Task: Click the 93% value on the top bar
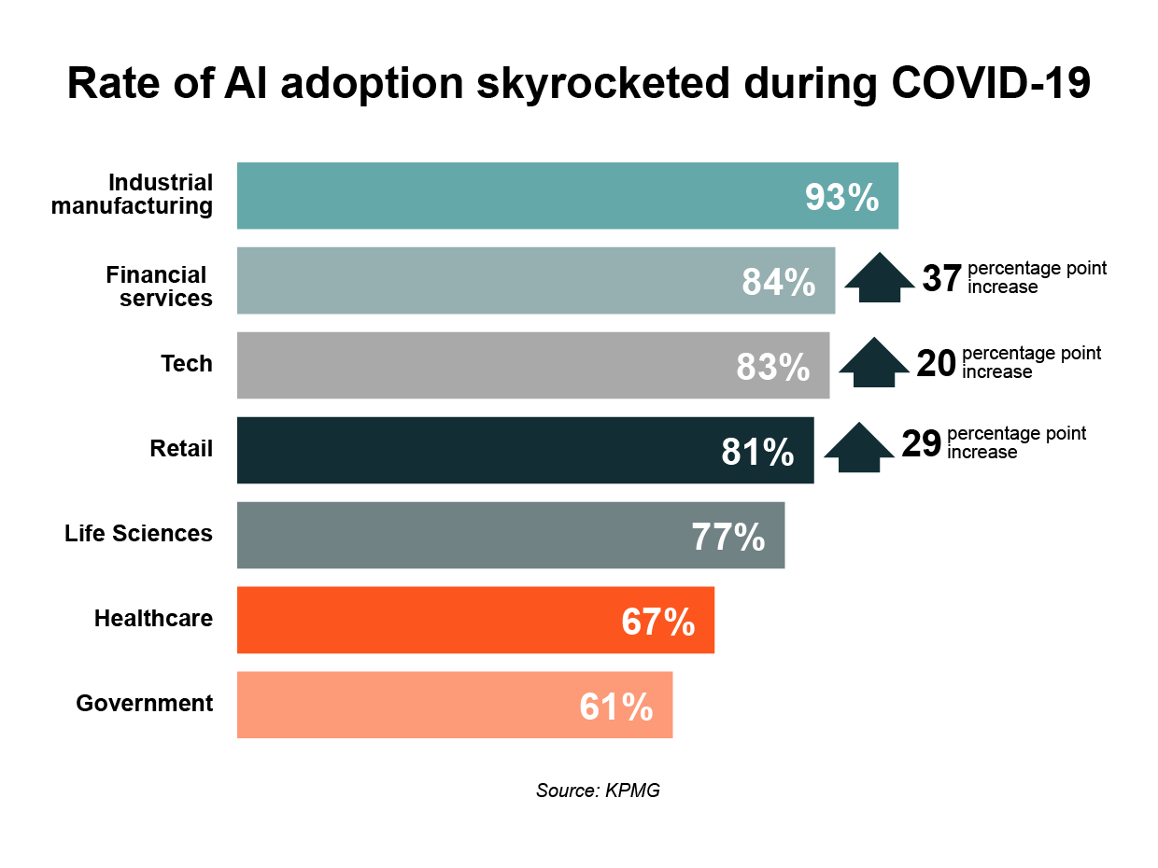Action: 841,198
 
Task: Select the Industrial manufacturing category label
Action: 133,194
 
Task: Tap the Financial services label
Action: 159,287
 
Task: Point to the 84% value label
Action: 779,282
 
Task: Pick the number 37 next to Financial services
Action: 941,278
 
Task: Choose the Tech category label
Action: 187,364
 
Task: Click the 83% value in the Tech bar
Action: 773,367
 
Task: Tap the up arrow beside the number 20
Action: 873,362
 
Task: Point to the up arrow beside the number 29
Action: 858,447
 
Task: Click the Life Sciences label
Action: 138,534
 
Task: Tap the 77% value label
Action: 728,538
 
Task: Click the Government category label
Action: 145,704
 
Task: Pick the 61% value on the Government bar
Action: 615,707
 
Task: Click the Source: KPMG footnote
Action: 598,791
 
